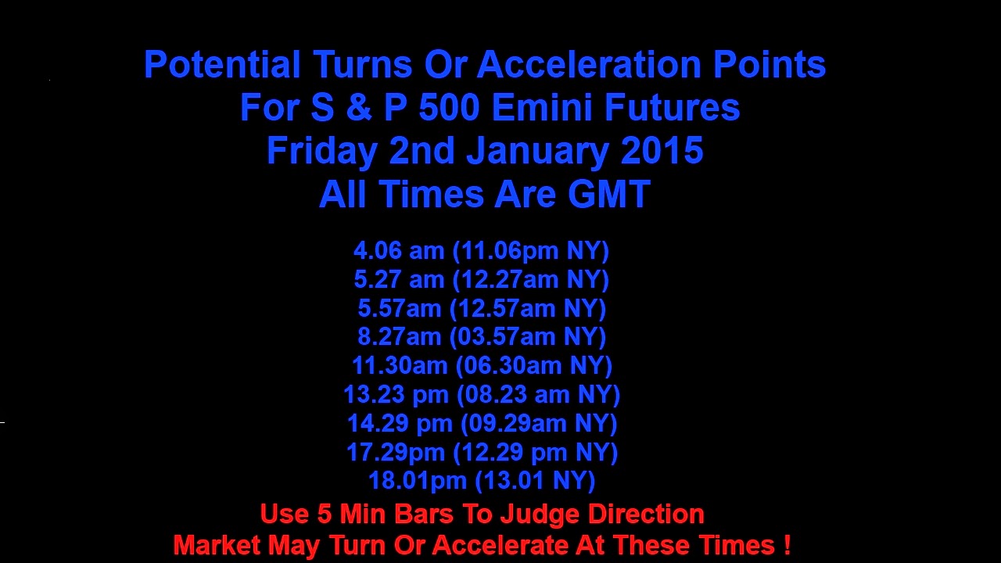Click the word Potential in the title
(x=222, y=64)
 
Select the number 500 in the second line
(x=449, y=108)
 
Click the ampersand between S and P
(x=358, y=108)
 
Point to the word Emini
(x=542, y=108)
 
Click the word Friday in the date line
(x=322, y=151)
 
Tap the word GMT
(x=608, y=195)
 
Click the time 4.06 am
(x=399, y=250)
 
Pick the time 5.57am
(x=399, y=308)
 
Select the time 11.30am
(x=400, y=365)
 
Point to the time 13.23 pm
(x=396, y=395)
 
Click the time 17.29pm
(x=396, y=452)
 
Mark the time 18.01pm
(x=417, y=481)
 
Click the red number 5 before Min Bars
(x=325, y=514)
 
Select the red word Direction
(x=646, y=514)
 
